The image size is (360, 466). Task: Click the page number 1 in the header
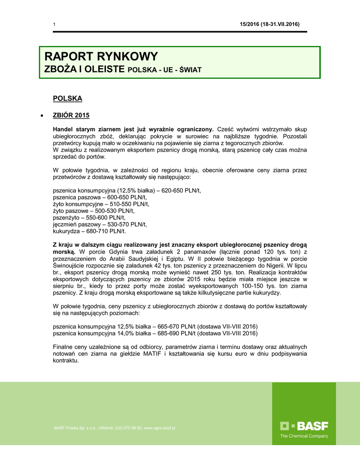[x=54, y=25]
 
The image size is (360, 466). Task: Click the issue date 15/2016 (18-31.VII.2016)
[x=270, y=24]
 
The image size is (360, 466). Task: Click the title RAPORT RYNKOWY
[x=101, y=57]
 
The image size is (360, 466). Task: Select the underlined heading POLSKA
[x=67, y=98]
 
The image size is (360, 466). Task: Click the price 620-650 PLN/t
[x=181, y=191]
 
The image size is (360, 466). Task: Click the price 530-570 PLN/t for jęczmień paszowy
[x=128, y=225]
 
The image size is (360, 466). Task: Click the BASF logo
[x=304, y=426]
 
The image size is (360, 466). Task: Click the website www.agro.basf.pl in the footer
[x=160, y=428]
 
